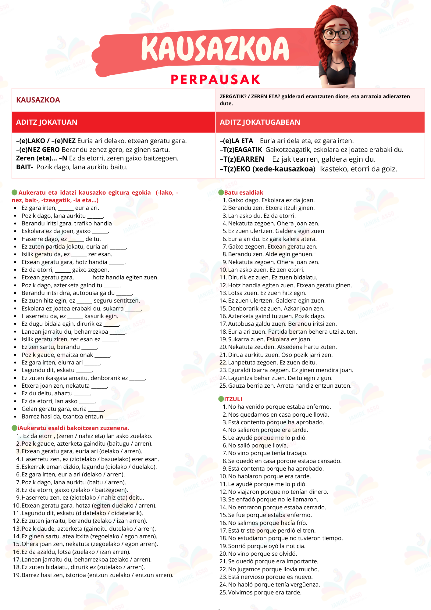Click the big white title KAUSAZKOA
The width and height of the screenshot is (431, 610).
tap(215, 49)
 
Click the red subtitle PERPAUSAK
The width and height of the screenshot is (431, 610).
tap(215, 80)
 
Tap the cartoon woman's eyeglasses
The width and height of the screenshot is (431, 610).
tap(337, 34)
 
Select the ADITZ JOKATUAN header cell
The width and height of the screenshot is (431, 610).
tap(47, 122)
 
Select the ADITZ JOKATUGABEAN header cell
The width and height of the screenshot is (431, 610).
tap(260, 122)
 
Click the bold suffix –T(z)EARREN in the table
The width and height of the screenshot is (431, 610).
tap(242, 159)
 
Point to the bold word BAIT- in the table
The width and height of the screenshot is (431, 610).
tap(24, 167)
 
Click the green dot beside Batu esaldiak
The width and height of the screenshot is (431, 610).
tap(221, 192)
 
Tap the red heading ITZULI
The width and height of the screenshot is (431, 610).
tap(233, 399)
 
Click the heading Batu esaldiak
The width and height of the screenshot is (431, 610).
tap(244, 192)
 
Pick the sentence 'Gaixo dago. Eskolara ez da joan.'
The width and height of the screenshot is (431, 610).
tap(271, 200)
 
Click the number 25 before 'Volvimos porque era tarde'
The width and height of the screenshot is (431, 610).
tap(223, 592)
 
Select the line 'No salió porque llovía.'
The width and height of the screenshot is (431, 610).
tap(258, 445)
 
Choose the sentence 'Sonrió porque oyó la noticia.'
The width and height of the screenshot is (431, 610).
tap(267, 546)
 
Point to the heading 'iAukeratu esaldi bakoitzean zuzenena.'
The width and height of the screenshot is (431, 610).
tap(73, 428)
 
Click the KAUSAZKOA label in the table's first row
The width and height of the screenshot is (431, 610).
tap(38, 100)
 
